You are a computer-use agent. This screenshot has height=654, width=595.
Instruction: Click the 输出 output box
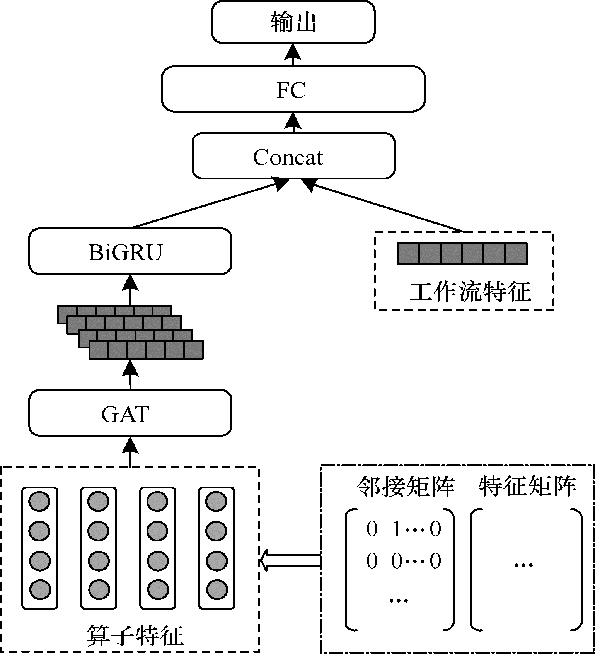293,22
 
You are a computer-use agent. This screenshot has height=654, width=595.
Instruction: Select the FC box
293,89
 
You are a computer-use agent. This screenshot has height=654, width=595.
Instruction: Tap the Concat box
293,156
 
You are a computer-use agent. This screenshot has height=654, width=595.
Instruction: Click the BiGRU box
130,251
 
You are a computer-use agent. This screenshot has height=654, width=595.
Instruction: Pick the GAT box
130,413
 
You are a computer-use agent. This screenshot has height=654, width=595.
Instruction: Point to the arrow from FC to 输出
293,54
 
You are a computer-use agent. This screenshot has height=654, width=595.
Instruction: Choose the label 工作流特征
469,292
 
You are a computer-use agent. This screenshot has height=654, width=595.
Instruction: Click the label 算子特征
134,635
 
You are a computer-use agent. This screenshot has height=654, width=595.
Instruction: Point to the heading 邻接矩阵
405,487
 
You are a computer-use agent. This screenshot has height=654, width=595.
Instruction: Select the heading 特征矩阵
527,486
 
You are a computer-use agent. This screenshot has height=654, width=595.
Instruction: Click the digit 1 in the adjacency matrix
397,529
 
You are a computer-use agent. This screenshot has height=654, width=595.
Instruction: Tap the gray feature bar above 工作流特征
462,254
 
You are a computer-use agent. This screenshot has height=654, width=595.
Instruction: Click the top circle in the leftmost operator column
40,502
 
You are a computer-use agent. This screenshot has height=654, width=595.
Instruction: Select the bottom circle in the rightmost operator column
216,590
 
